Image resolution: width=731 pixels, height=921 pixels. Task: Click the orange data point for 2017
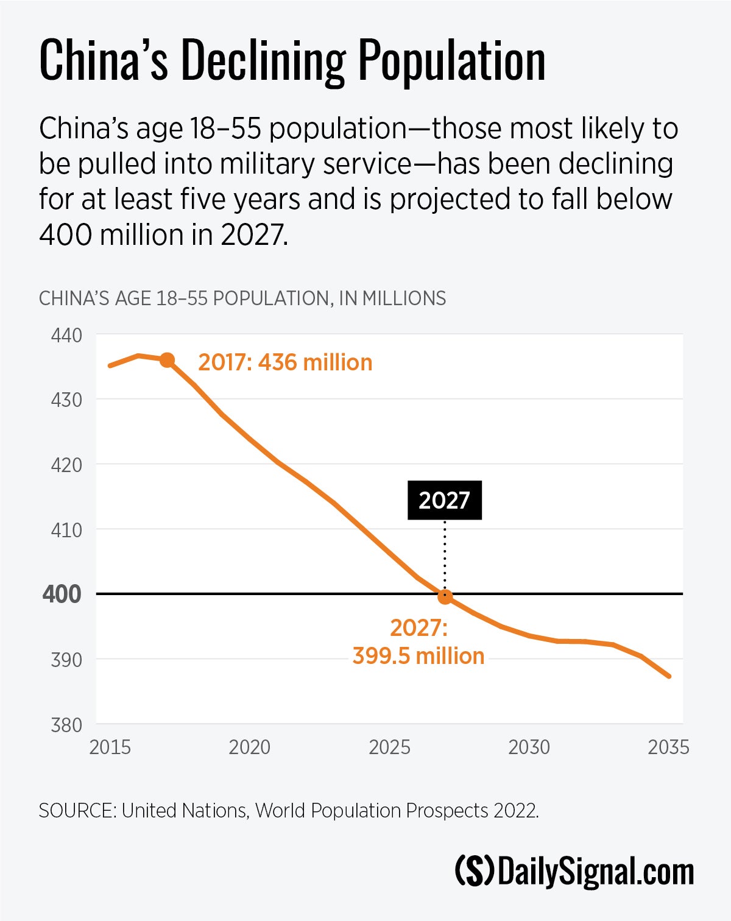pyautogui.click(x=167, y=360)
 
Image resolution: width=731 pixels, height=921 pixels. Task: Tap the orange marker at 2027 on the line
pyautogui.click(x=445, y=597)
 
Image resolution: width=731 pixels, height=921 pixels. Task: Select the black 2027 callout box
pyautogui.click(x=444, y=500)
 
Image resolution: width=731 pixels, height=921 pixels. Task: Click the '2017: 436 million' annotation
pyautogui.click(x=285, y=362)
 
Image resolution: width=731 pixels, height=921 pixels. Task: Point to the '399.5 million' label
pyautogui.click(x=418, y=656)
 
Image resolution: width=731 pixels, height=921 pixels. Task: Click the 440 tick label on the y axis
pyautogui.click(x=66, y=335)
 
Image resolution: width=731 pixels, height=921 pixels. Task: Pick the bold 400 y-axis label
pyautogui.click(x=62, y=594)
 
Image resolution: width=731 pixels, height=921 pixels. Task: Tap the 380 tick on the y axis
pyautogui.click(x=66, y=725)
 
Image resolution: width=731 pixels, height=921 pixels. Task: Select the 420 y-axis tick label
pyautogui.click(x=66, y=465)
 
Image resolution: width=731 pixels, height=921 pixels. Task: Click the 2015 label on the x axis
pyautogui.click(x=110, y=747)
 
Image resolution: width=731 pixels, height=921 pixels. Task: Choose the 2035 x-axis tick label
pyautogui.click(x=668, y=747)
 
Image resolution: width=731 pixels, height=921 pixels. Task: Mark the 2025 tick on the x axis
pyautogui.click(x=389, y=747)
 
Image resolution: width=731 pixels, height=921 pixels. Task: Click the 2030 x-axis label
pyautogui.click(x=529, y=747)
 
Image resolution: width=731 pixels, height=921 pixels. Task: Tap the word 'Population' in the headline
pyautogui.click(x=451, y=61)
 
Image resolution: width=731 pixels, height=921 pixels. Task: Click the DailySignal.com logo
pyautogui.click(x=574, y=872)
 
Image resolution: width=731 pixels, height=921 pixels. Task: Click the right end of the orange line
pyautogui.click(x=669, y=676)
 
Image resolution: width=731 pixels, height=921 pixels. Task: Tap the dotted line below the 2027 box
pyautogui.click(x=445, y=554)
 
